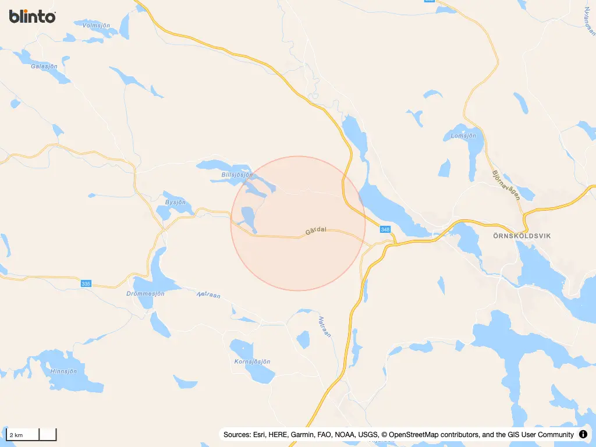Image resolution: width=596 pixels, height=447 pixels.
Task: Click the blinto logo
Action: (33, 16)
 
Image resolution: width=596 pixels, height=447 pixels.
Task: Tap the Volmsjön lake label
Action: (96, 26)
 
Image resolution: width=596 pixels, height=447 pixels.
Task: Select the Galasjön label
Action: (44, 66)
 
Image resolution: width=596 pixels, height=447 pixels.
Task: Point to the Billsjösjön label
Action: (237, 175)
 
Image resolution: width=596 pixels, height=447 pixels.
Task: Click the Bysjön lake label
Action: (175, 203)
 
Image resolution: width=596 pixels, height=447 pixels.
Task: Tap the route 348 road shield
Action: (385, 230)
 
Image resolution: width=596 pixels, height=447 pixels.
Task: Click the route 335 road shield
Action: (86, 283)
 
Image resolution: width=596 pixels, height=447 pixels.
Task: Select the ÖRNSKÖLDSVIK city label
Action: (513, 236)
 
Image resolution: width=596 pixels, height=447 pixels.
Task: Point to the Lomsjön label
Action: (464, 136)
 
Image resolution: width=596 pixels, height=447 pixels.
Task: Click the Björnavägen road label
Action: (505, 185)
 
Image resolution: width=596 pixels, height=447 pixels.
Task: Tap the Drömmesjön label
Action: (146, 293)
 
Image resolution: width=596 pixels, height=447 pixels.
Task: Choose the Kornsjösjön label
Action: (252, 361)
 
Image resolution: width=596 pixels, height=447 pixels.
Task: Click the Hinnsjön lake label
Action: (64, 371)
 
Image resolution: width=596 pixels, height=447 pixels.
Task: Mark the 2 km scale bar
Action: (31, 434)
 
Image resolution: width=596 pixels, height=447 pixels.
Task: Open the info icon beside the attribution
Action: (583, 435)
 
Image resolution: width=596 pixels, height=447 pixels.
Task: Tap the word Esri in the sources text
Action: (261, 435)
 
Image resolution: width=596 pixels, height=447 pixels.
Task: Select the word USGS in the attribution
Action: (364, 435)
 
